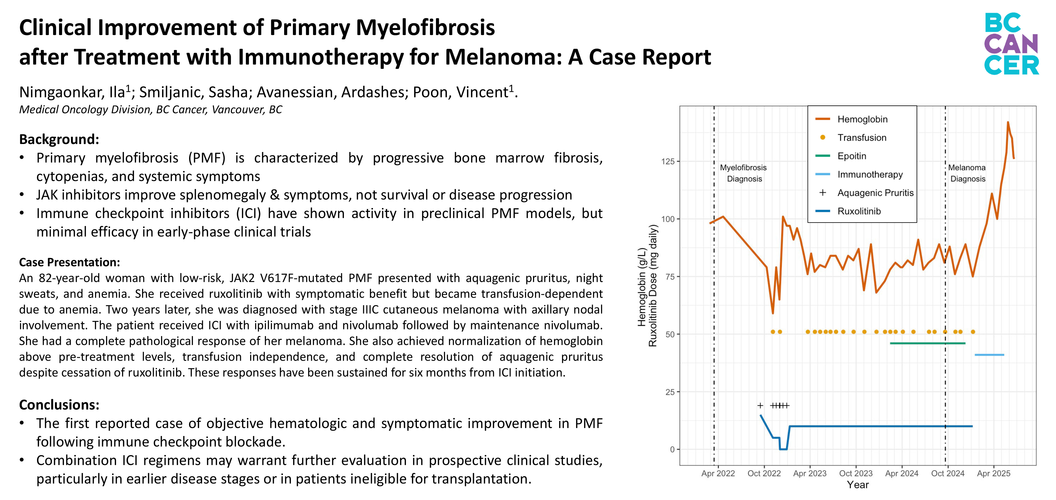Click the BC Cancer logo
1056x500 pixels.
1011,44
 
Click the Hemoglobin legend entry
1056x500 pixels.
862,119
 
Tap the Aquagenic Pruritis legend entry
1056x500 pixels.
875,193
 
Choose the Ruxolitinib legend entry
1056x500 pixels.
859,211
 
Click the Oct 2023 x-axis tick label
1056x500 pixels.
856,473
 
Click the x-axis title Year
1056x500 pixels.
858,485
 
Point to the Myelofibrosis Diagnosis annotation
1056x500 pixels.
744,173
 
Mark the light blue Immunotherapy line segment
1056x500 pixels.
989,355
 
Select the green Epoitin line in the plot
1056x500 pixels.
927,343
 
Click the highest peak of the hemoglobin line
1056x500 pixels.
1008,122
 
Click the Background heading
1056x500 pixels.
59,139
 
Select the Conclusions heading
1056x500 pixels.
59,405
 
